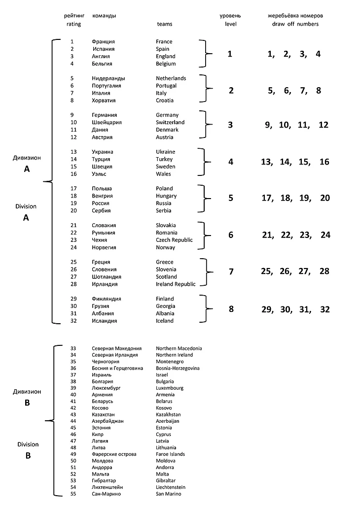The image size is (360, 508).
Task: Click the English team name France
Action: (x=164, y=42)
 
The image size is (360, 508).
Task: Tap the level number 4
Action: (x=230, y=162)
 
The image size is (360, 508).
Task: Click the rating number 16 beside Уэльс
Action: (x=73, y=174)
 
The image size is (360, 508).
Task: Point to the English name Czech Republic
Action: (x=174, y=240)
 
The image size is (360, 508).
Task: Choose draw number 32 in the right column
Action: (x=324, y=309)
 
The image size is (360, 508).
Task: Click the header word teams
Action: (x=165, y=24)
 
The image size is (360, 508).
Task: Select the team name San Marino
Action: (x=168, y=494)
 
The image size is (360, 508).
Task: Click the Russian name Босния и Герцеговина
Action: (x=117, y=368)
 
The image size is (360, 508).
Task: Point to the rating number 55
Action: (x=73, y=494)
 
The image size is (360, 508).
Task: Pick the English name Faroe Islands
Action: (x=171, y=454)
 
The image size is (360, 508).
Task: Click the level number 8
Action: (x=230, y=309)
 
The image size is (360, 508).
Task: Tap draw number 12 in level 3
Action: (x=323, y=125)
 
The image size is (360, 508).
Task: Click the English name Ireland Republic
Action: (x=176, y=284)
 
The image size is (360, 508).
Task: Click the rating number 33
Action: (x=73, y=348)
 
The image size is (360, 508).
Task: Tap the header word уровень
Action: (x=230, y=16)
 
